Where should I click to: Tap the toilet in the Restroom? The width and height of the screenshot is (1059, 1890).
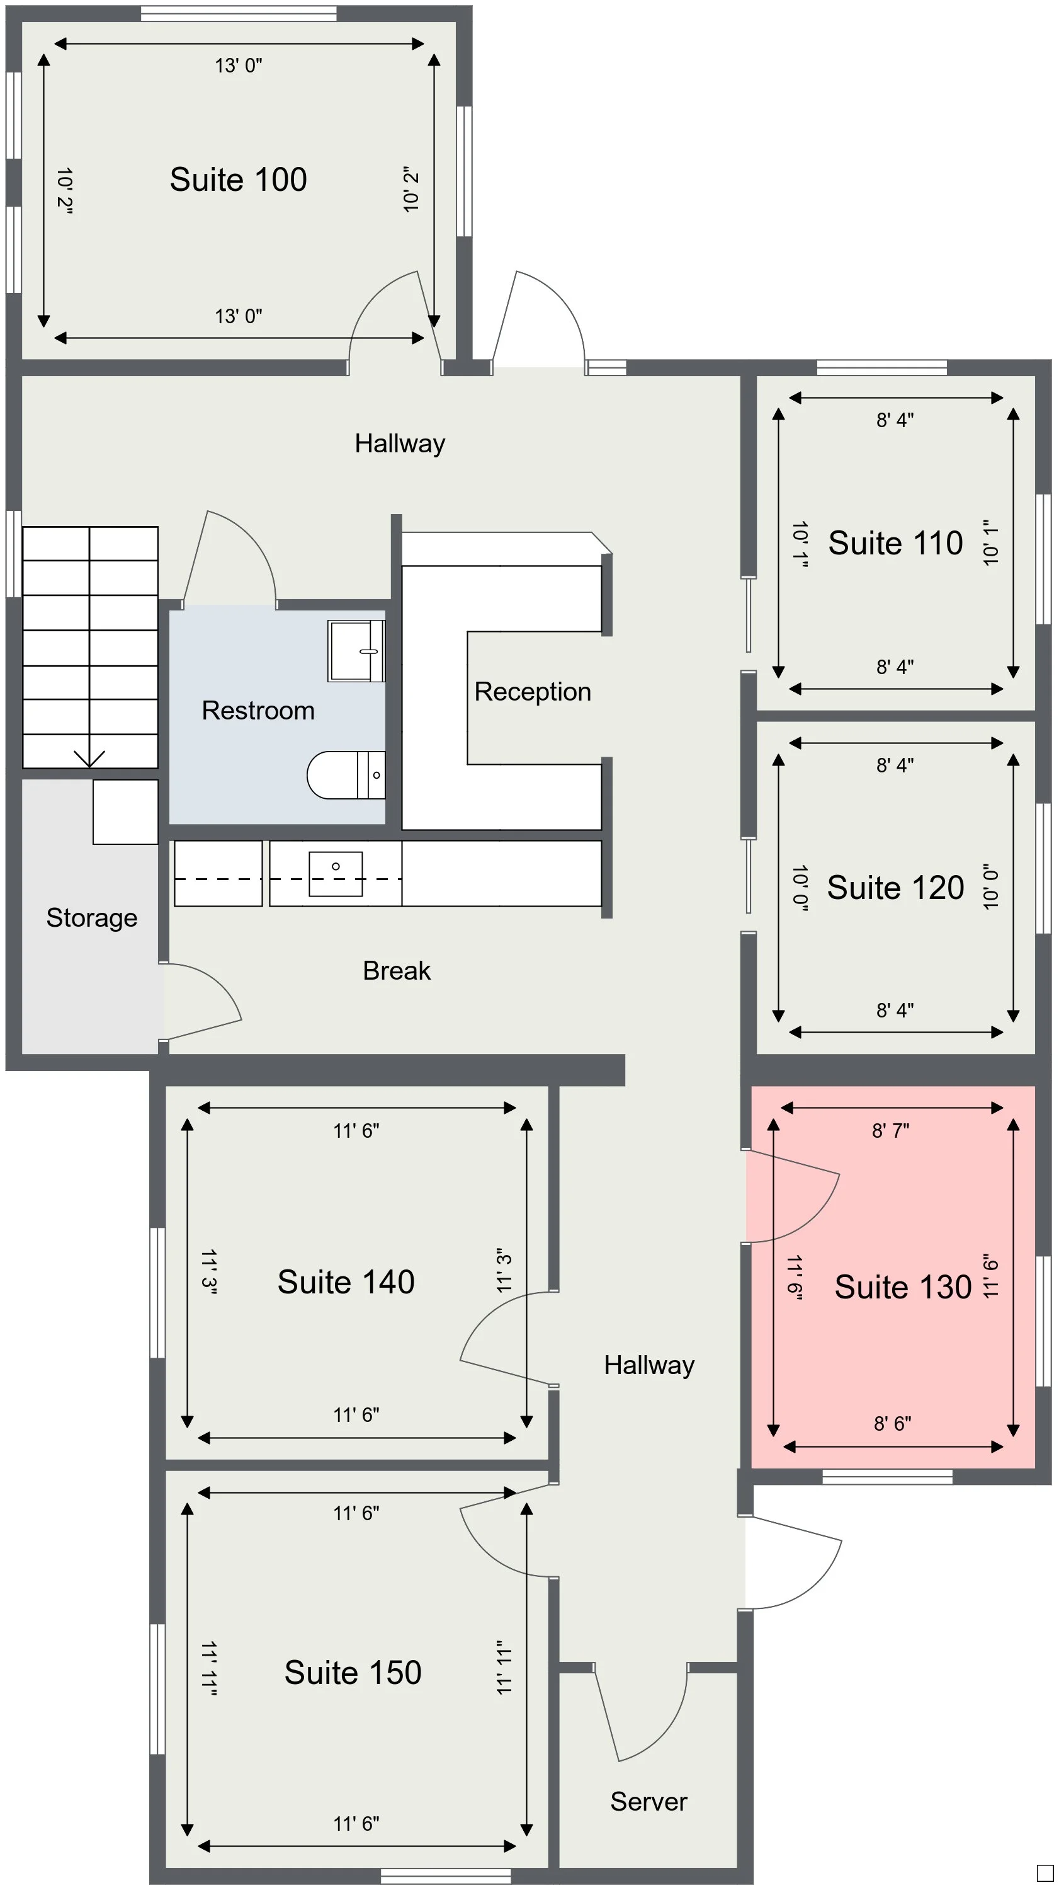click(x=344, y=775)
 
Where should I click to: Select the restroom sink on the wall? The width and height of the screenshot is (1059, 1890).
click(x=356, y=651)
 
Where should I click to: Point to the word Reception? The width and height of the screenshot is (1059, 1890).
click(x=533, y=692)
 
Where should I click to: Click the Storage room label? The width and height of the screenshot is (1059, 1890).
click(x=92, y=918)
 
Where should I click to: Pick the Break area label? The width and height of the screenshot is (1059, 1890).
click(x=396, y=971)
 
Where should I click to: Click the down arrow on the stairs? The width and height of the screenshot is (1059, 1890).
click(x=89, y=758)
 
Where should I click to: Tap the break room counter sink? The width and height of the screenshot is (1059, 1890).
click(x=335, y=873)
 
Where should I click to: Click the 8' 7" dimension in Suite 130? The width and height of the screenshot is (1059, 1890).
click(x=890, y=1131)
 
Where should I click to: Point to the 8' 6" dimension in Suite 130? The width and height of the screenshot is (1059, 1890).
click(x=892, y=1423)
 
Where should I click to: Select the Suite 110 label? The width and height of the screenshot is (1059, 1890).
click(x=895, y=543)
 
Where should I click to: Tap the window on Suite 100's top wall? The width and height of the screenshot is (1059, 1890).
click(x=239, y=13)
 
